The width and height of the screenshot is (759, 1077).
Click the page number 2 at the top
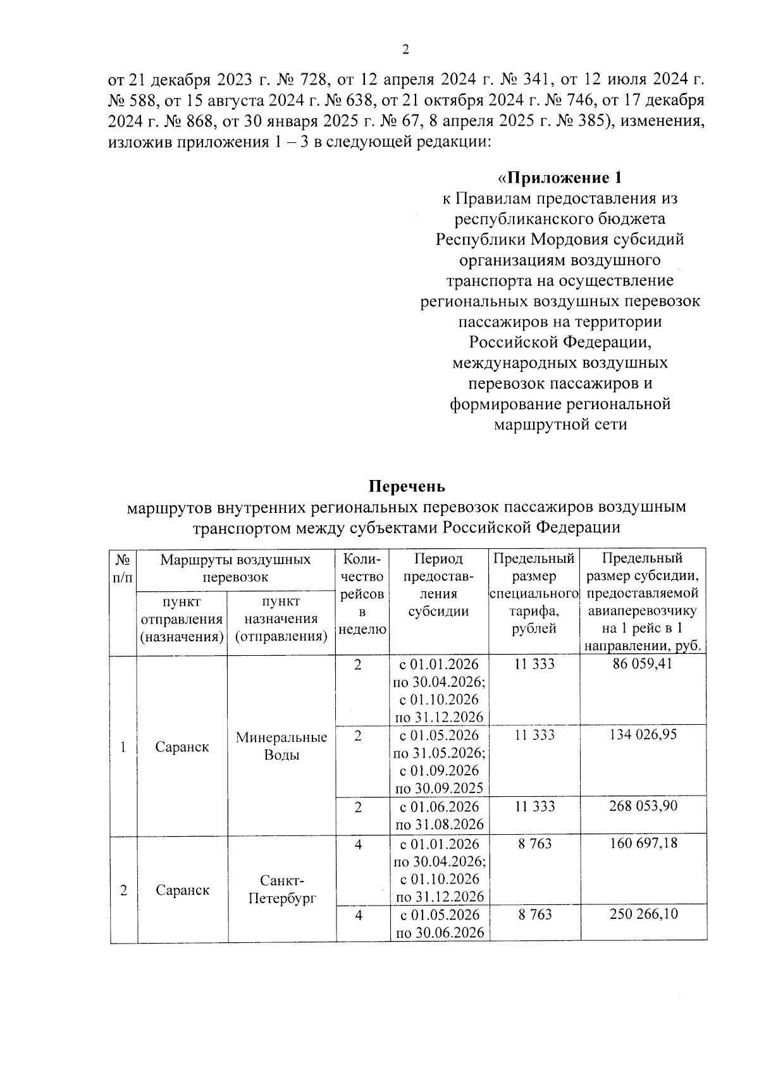406,49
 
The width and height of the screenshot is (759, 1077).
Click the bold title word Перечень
407,486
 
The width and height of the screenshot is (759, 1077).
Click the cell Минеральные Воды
281,746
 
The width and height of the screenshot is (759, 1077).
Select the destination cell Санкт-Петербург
281,889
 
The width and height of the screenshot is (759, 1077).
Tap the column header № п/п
123,568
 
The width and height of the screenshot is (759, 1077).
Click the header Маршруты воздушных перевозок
235,568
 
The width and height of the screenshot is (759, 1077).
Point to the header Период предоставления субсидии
438,585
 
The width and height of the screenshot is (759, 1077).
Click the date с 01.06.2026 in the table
438,807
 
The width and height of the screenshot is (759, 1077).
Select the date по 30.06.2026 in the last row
440,933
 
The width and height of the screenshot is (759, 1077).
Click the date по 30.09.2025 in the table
440,788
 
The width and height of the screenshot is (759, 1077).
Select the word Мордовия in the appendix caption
569,239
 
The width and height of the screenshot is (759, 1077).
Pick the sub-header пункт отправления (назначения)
182,619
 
